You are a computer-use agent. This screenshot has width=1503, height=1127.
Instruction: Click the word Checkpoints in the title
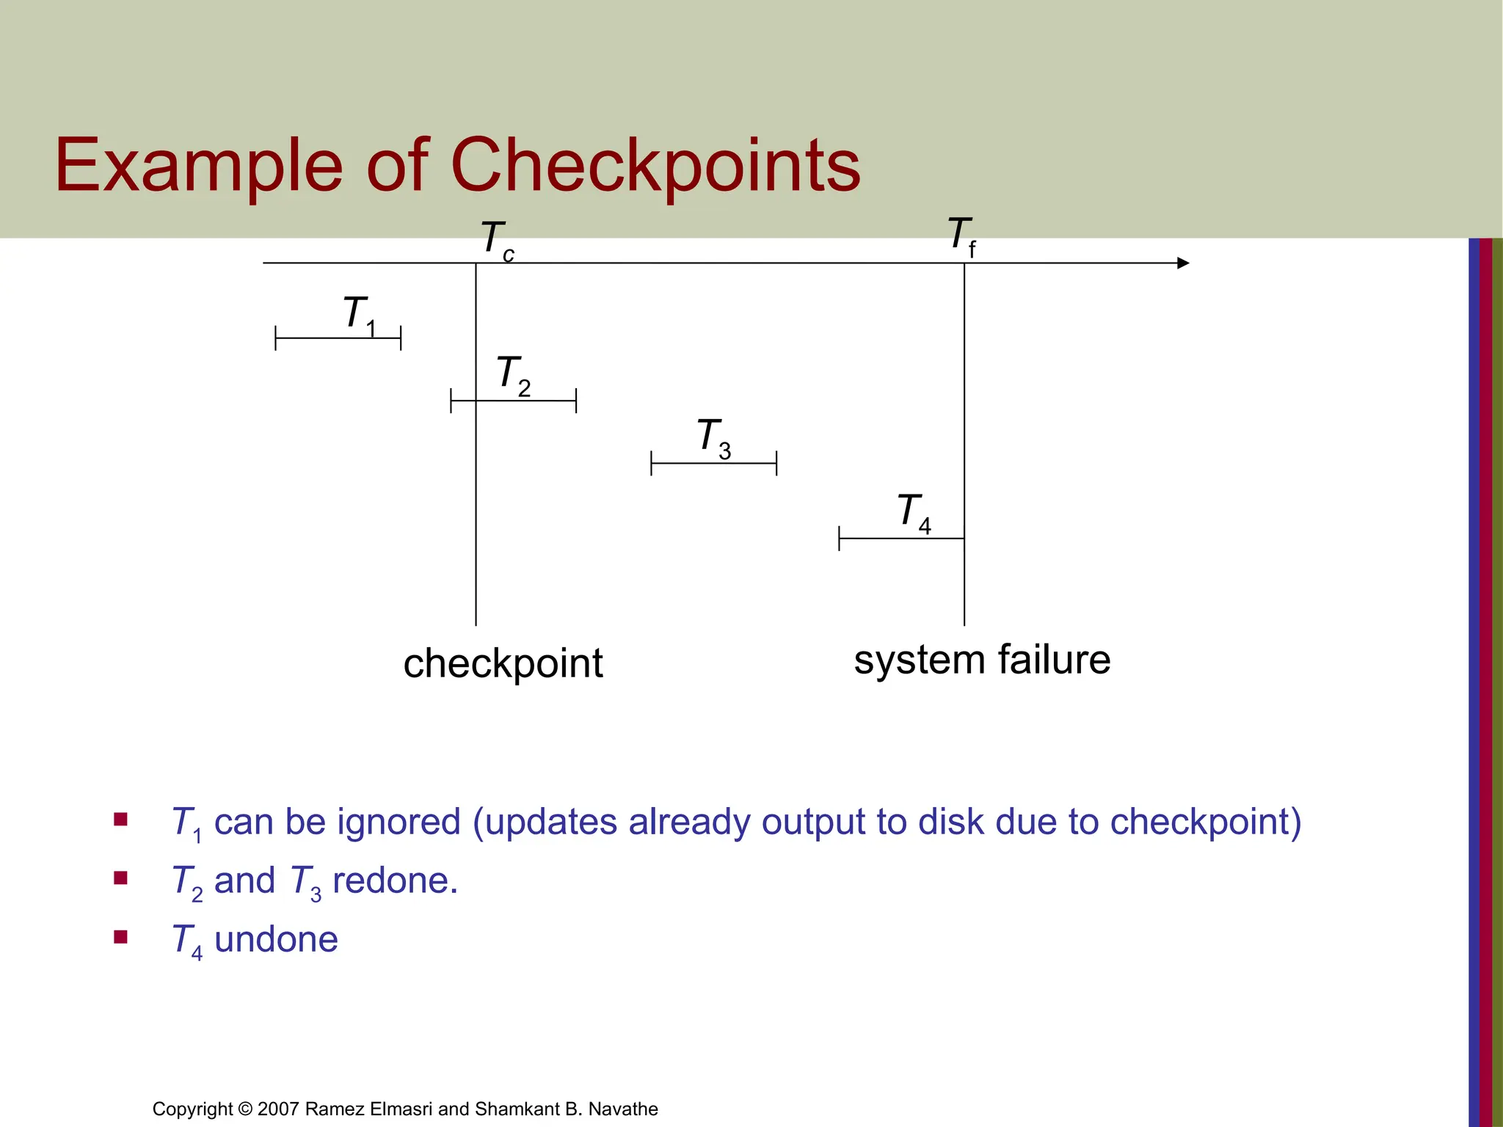click(655, 166)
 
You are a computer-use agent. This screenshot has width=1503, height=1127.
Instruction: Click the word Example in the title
click(198, 166)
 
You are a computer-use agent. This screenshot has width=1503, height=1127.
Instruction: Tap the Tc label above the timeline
click(497, 240)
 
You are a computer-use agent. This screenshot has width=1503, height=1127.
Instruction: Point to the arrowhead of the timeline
click(1182, 263)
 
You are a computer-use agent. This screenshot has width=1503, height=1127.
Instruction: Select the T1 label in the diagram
click(359, 315)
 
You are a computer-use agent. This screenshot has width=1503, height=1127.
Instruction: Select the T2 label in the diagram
click(513, 375)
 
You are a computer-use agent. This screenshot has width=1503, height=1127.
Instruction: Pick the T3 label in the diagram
click(713, 438)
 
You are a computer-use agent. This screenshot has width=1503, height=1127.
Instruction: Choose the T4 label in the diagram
click(914, 513)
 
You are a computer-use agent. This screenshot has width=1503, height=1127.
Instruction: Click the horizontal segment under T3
click(713, 464)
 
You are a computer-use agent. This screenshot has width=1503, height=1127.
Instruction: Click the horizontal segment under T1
click(338, 338)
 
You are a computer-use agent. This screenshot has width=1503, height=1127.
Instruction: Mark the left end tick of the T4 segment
click(839, 539)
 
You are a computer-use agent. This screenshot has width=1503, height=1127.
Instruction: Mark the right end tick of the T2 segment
click(576, 401)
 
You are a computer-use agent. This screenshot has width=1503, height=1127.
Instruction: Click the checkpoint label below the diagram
click(503, 664)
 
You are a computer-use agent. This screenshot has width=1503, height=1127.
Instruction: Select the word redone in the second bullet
click(395, 880)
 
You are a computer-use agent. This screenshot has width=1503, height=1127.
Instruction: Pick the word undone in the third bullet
click(276, 939)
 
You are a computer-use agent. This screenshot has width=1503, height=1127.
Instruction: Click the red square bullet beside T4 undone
click(121, 936)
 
